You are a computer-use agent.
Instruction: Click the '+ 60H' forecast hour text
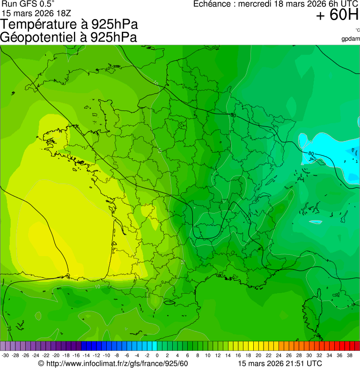(337, 15)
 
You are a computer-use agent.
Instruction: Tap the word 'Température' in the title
(42, 24)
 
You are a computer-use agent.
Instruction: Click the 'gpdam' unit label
(351, 38)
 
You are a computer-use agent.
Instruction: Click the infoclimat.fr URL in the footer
(117, 363)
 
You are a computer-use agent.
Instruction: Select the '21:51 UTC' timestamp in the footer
(300, 363)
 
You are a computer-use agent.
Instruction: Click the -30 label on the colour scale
(5, 355)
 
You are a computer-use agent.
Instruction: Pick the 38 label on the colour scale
(349, 355)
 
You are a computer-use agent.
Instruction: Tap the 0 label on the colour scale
(157, 355)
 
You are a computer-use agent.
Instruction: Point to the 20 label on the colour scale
(258, 355)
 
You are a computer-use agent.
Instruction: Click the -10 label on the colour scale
(106, 355)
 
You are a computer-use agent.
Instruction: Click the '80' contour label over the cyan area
(311, 153)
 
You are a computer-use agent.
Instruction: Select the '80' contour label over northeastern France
(233, 115)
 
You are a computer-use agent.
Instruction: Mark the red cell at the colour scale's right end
(357, 346)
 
